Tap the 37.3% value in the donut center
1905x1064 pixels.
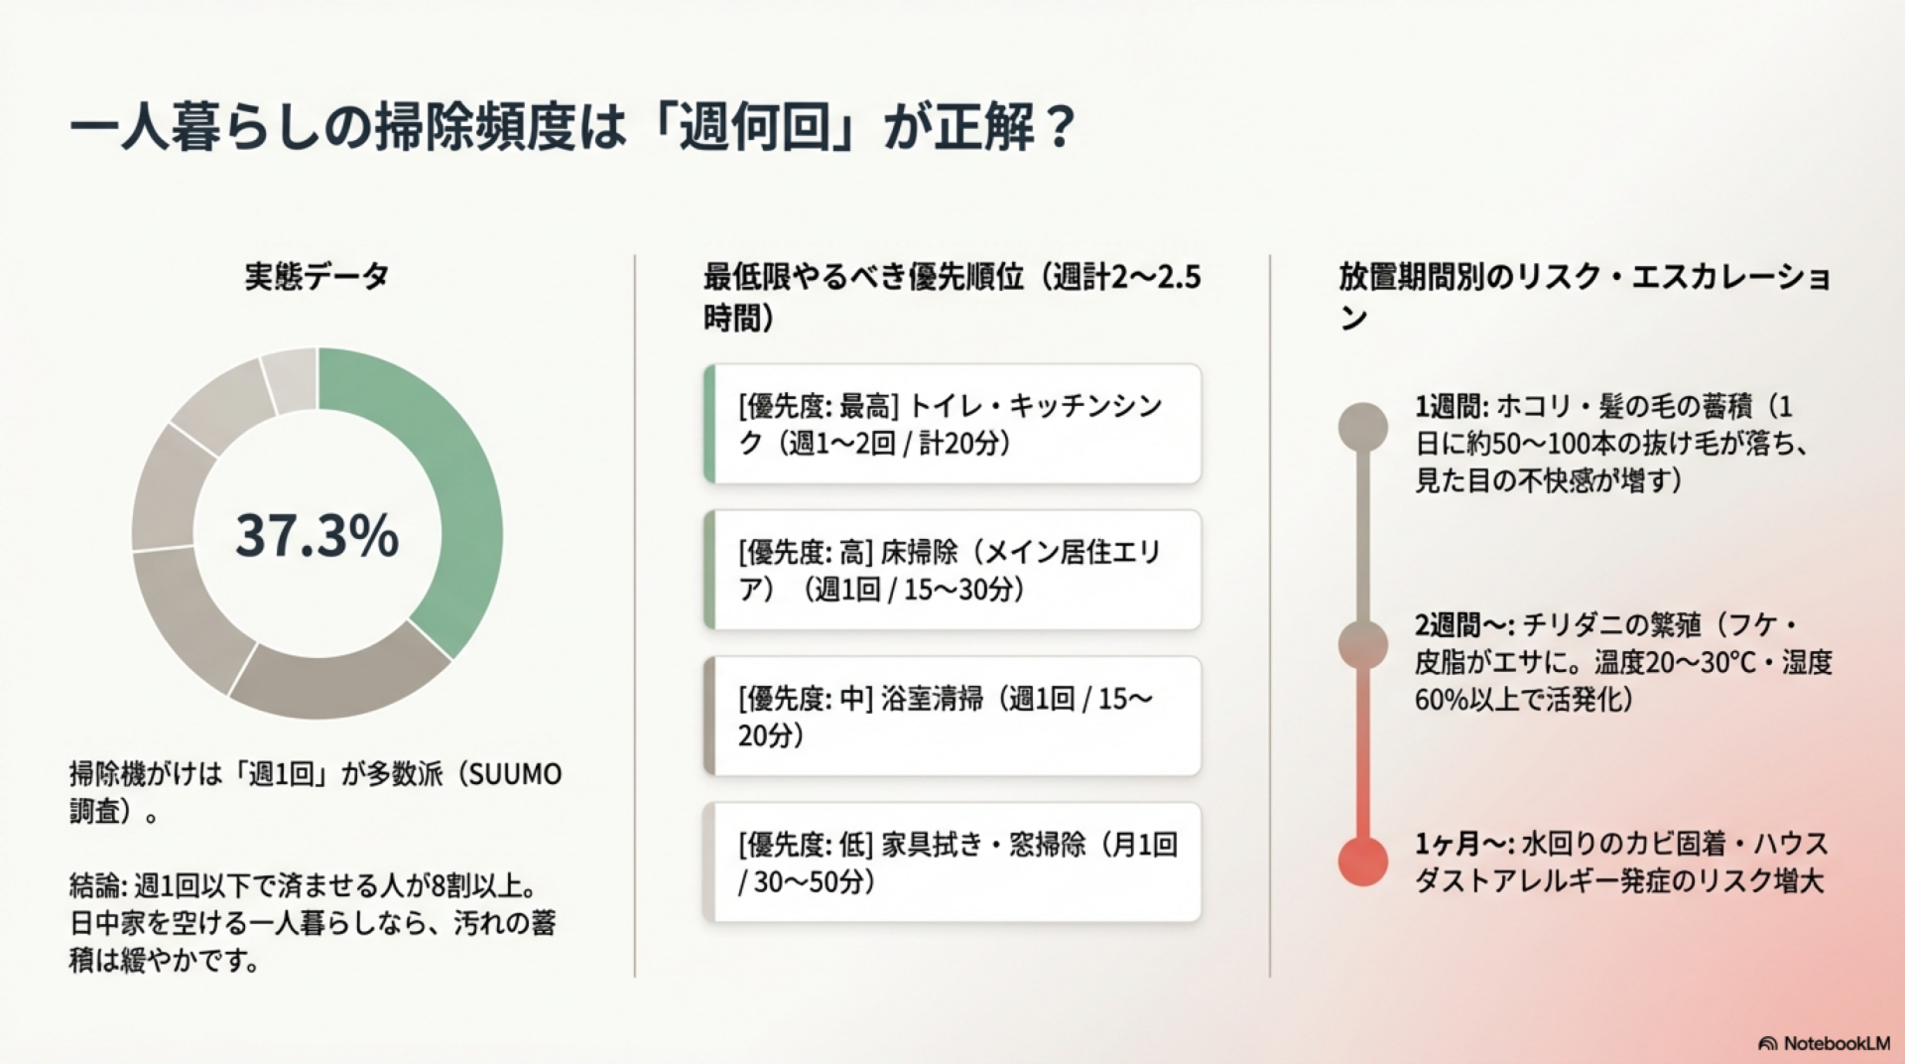click(x=317, y=535)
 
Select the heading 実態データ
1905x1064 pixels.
click(x=317, y=276)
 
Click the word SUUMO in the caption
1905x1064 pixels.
click(x=515, y=774)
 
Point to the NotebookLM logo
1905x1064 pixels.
click(x=1824, y=1043)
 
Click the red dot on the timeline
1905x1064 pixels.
click(x=1363, y=861)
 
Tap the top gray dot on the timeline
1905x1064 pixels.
click(x=1363, y=427)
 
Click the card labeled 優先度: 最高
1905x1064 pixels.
click(x=952, y=424)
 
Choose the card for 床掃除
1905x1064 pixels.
click(x=952, y=570)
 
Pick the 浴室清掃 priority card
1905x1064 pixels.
click(x=952, y=716)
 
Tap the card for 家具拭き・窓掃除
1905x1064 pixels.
click(x=952, y=862)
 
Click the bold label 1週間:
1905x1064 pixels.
click(x=1452, y=406)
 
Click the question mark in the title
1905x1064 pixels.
click(x=1060, y=127)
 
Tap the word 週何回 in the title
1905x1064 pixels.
click(x=754, y=127)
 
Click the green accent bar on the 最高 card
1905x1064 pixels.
click(x=709, y=424)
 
